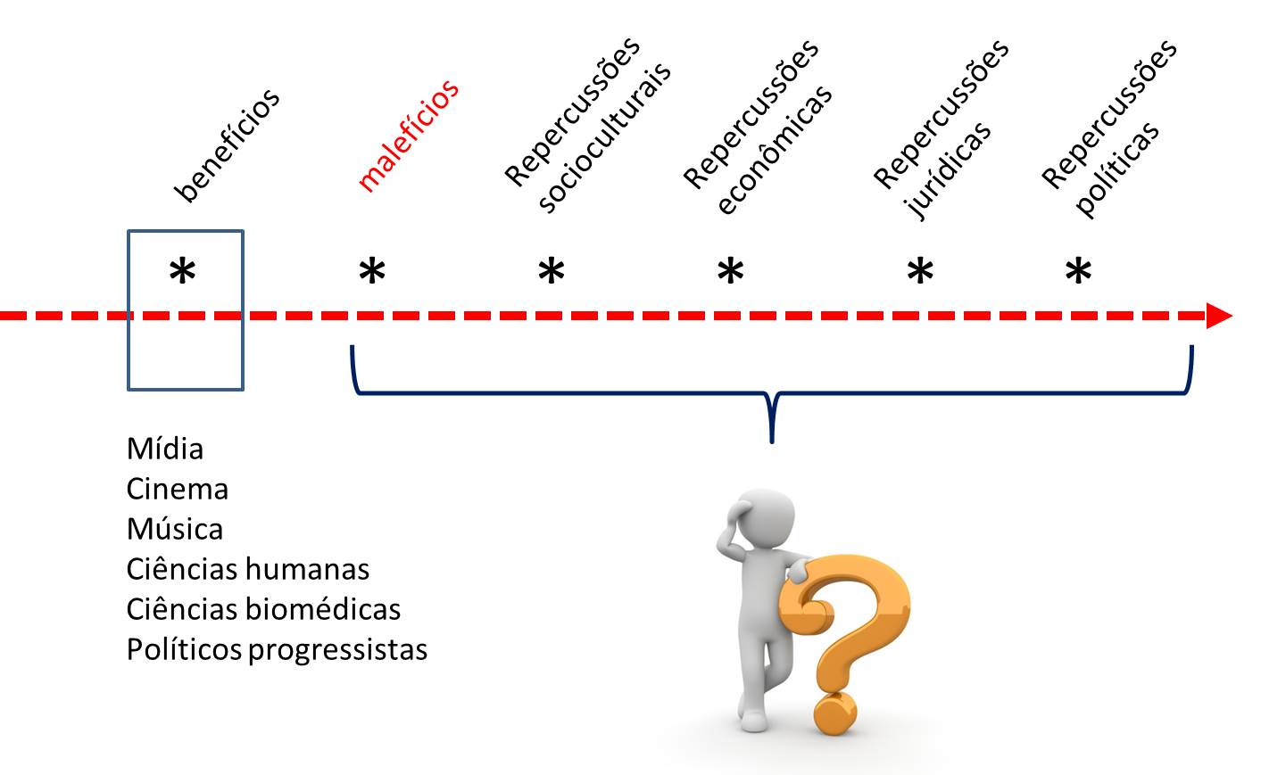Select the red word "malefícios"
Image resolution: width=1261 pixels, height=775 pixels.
(408, 136)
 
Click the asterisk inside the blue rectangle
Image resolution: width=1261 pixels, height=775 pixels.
(183, 272)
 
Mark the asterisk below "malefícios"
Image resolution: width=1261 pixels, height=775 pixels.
(372, 272)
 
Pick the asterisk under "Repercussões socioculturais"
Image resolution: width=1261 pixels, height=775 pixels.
(552, 271)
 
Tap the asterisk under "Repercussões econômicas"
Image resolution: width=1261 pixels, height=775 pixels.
(731, 271)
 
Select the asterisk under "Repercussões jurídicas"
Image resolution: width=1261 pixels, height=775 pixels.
(920, 271)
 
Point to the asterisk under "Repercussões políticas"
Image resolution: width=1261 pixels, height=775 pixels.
(1078, 271)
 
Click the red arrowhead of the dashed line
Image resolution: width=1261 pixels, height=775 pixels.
(1218, 316)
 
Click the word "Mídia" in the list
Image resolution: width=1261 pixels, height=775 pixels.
(165, 449)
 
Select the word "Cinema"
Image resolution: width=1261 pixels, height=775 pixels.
(178, 489)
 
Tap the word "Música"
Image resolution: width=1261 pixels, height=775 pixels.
(175, 529)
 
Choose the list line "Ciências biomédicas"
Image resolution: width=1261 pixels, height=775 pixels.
(263, 609)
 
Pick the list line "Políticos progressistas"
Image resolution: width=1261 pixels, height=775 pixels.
(277, 649)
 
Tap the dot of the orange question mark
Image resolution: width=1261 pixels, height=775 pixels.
(834, 713)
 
